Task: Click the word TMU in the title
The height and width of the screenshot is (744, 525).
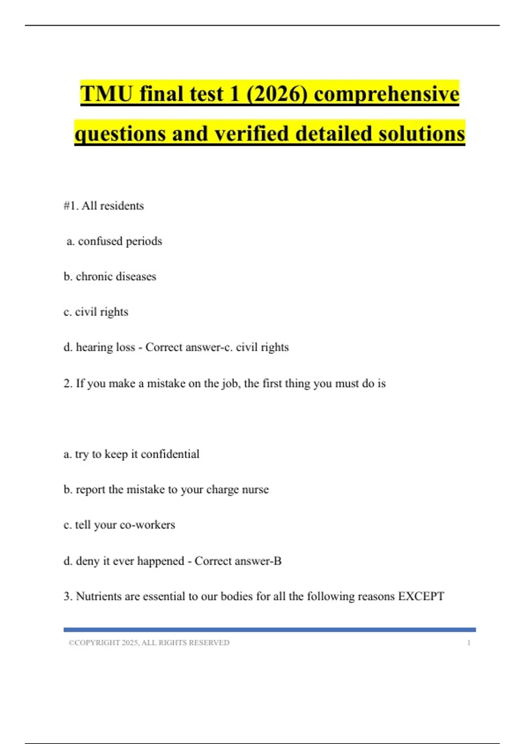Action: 106,94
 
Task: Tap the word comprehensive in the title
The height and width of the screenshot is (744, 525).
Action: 387,94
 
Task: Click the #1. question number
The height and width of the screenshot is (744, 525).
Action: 71,206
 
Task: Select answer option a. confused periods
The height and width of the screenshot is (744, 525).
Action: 114,241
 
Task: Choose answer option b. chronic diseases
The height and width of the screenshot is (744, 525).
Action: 110,277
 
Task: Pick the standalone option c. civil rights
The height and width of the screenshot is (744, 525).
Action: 96,312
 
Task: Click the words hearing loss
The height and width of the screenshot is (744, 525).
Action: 105,347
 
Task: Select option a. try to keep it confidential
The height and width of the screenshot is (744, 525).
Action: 131,454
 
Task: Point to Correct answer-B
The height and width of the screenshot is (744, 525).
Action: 238,561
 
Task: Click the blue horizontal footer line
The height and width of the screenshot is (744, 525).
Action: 269,630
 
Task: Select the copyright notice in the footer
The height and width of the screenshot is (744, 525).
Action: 149,643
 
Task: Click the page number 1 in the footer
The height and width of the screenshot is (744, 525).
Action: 469,643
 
